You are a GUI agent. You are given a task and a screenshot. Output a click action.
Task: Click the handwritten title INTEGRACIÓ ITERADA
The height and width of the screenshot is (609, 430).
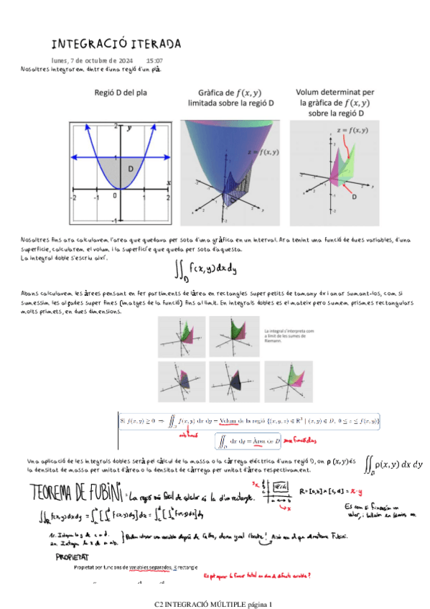[x=116, y=44]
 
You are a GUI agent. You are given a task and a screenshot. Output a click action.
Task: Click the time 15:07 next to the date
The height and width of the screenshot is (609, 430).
[x=154, y=60]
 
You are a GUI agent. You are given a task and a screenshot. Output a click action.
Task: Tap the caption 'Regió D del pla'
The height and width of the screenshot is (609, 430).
[x=121, y=93]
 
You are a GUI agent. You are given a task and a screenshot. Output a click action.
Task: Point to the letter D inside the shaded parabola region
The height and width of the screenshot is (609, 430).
[x=130, y=168]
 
